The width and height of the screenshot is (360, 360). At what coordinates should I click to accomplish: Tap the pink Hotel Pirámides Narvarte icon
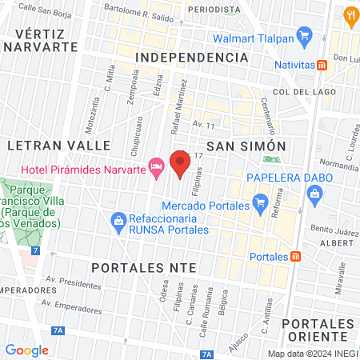click(x=157, y=168)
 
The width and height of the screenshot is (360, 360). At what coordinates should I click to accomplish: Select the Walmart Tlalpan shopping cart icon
click(x=303, y=35)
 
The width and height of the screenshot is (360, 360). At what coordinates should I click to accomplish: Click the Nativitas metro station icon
click(x=321, y=65)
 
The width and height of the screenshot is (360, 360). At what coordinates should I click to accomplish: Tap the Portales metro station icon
click(x=296, y=256)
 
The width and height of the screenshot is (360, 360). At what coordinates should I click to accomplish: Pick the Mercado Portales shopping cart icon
click(x=259, y=202)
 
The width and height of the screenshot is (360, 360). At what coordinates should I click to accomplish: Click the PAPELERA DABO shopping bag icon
click(x=314, y=193)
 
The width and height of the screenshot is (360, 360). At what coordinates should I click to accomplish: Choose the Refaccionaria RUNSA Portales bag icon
click(x=118, y=218)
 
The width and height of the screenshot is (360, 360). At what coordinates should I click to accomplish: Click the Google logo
click(x=26, y=350)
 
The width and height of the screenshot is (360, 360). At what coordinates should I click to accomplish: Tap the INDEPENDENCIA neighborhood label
click(x=190, y=58)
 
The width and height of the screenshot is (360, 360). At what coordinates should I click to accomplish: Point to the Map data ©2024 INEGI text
click(x=312, y=353)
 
